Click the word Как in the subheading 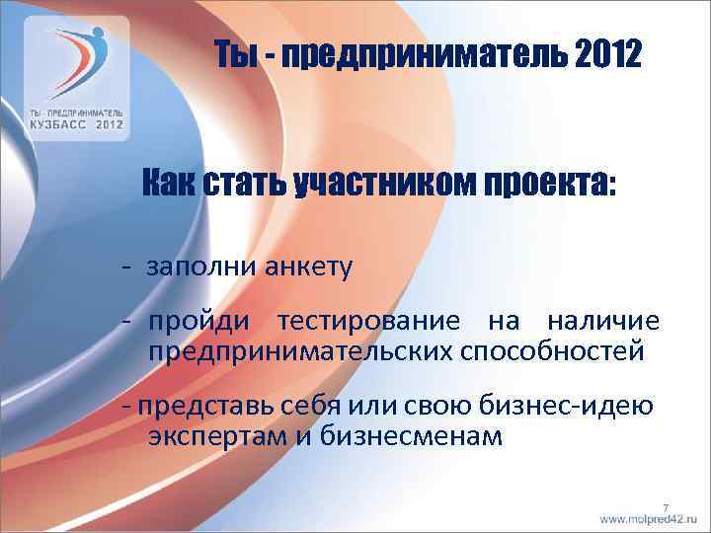point(171,183)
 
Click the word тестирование point(368,321)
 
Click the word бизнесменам point(412,435)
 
